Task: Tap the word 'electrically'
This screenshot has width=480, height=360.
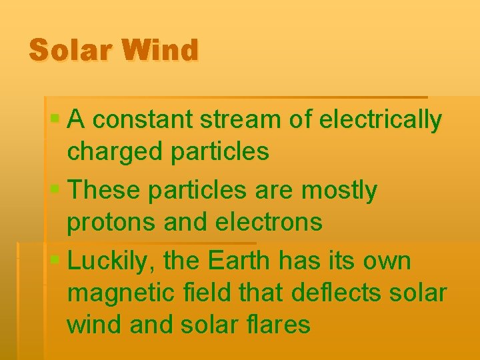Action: (x=381, y=121)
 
